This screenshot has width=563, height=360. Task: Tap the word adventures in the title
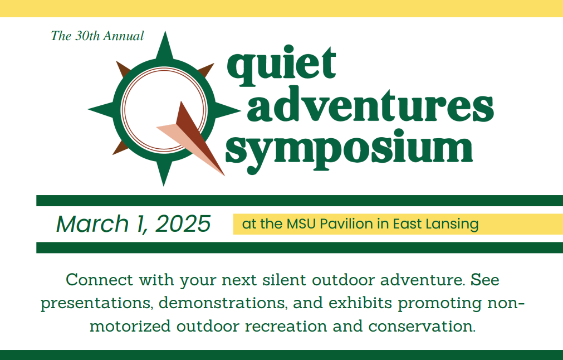point(370,104)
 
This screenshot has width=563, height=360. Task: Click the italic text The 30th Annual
point(97,36)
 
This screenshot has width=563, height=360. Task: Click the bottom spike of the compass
point(164,172)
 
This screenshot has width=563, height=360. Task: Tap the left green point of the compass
point(102,109)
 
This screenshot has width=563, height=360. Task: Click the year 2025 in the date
point(183,224)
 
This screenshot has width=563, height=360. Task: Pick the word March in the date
point(92,224)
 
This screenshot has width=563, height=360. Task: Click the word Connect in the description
point(100,280)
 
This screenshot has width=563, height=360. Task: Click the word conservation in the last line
point(422,326)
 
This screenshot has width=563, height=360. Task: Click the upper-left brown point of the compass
point(123,69)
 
